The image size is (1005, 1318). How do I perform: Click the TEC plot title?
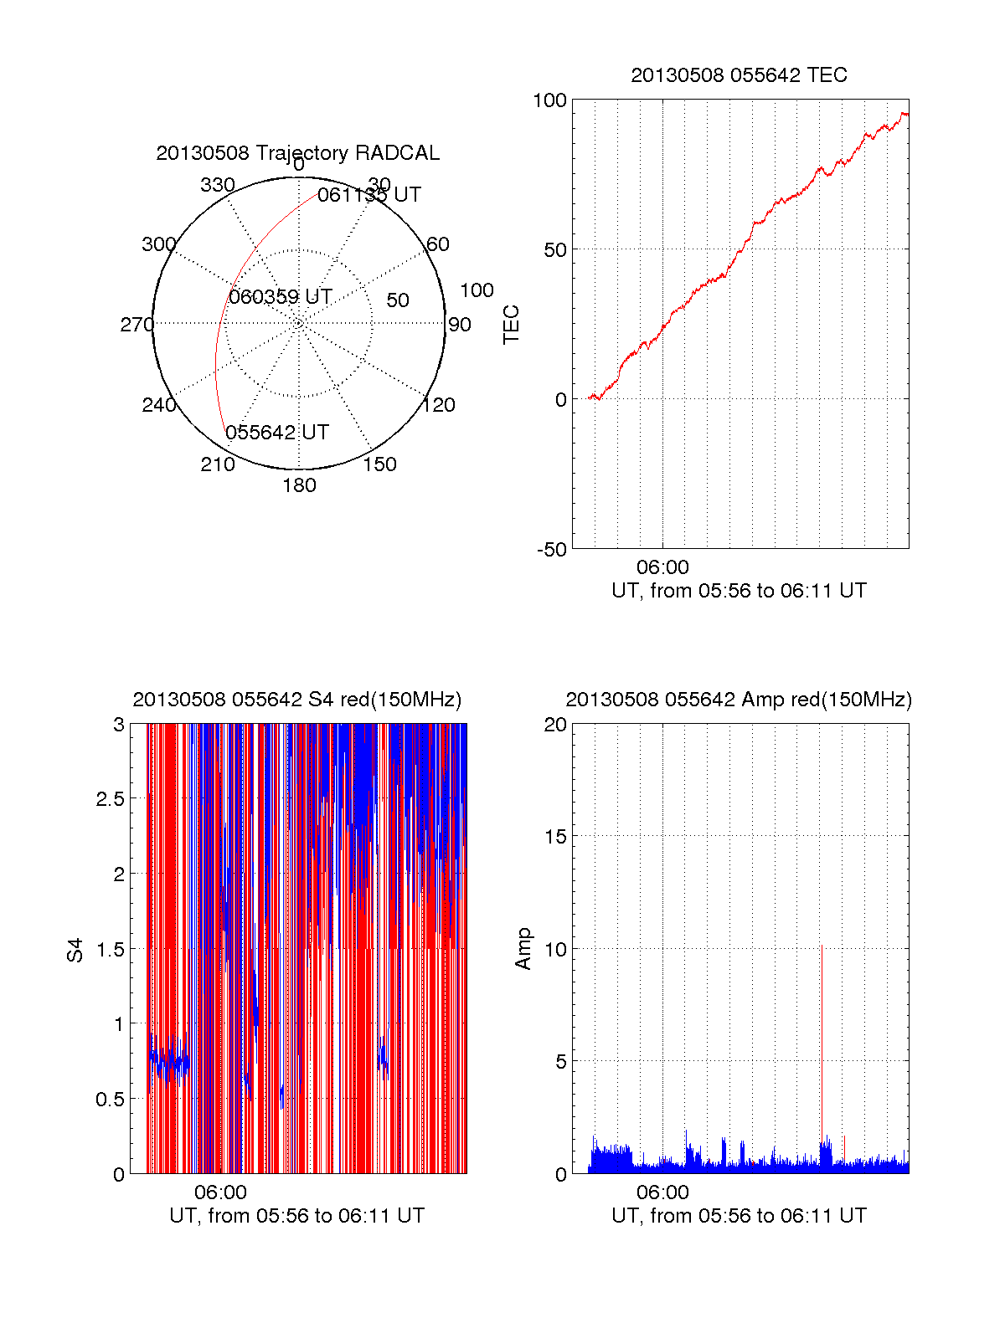pyautogui.click(x=739, y=75)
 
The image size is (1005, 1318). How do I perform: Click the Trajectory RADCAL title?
pyautogui.click(x=297, y=153)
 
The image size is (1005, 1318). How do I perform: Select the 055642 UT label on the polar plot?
pyautogui.click(x=277, y=433)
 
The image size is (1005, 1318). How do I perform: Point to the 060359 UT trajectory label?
pyautogui.click(x=281, y=297)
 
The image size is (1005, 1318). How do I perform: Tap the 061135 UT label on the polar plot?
pyautogui.click(x=368, y=195)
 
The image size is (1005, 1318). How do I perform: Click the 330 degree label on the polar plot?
pyautogui.click(x=218, y=185)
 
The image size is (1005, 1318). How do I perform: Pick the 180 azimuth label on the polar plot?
pyautogui.click(x=299, y=485)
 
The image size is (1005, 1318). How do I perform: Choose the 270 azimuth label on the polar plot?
pyautogui.click(x=137, y=325)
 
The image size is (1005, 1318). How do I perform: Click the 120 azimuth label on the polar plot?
pyautogui.click(x=439, y=405)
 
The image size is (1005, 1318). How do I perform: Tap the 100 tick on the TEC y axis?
pyautogui.click(x=549, y=100)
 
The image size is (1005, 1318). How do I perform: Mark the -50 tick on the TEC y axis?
pyautogui.click(x=551, y=550)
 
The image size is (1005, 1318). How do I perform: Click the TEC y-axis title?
pyautogui.click(x=511, y=325)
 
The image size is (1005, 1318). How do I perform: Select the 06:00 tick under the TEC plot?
pyautogui.click(x=662, y=568)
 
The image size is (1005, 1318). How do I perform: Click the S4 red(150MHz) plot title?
pyautogui.click(x=297, y=700)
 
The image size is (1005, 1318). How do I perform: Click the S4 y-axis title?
pyautogui.click(x=75, y=951)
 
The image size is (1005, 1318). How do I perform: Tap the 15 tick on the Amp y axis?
pyautogui.click(x=555, y=837)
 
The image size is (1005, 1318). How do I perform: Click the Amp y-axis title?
pyautogui.click(x=523, y=949)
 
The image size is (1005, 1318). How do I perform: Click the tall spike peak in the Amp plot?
pyautogui.click(x=822, y=946)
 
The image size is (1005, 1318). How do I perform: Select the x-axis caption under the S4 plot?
pyautogui.click(x=296, y=1216)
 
